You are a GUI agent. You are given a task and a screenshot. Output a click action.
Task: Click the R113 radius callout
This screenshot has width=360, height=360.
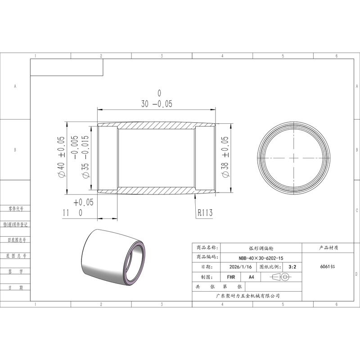point(205,212)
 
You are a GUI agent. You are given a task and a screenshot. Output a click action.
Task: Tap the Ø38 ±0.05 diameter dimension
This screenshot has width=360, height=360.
point(225,157)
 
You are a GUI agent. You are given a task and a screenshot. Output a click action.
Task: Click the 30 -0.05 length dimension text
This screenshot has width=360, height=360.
point(157,104)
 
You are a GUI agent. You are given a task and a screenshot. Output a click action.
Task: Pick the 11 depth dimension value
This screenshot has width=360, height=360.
point(66,213)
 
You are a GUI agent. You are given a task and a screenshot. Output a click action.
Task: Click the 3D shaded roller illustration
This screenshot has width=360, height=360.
point(114,257)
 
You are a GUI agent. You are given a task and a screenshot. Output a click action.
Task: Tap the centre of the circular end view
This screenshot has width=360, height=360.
point(294,158)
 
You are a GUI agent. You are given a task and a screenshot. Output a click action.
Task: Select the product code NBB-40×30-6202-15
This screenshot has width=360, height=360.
point(261,258)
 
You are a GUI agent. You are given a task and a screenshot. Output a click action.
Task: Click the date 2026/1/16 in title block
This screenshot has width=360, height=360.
point(240,267)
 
